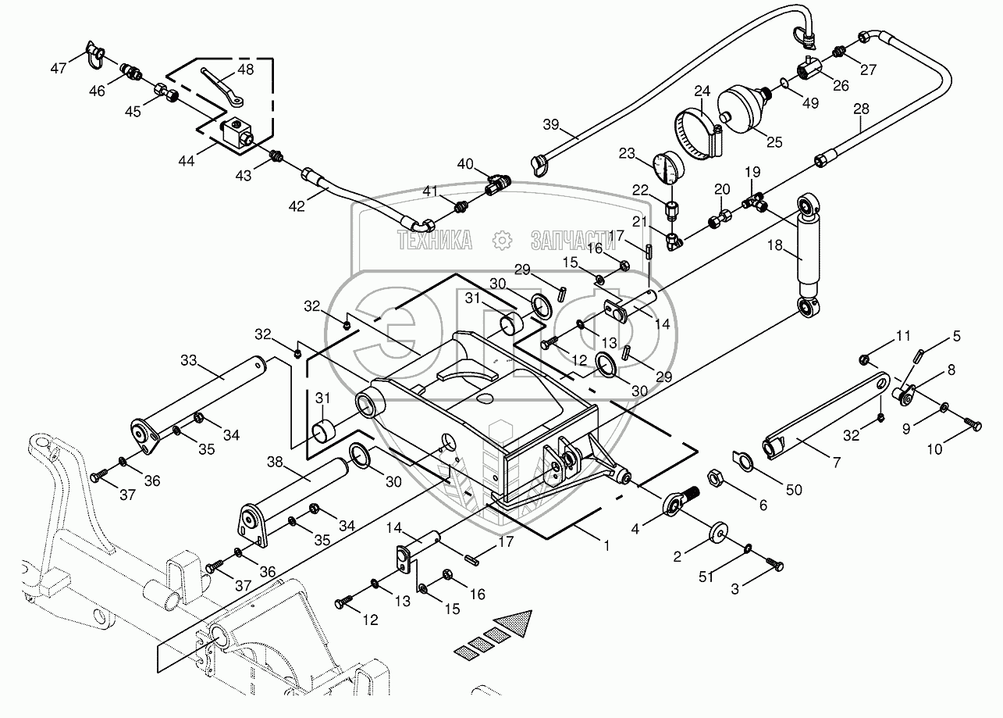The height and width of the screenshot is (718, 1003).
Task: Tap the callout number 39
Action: tap(552, 125)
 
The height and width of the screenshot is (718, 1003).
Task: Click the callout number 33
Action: tap(189, 361)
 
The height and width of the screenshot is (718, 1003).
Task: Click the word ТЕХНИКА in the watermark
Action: tap(435, 239)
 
